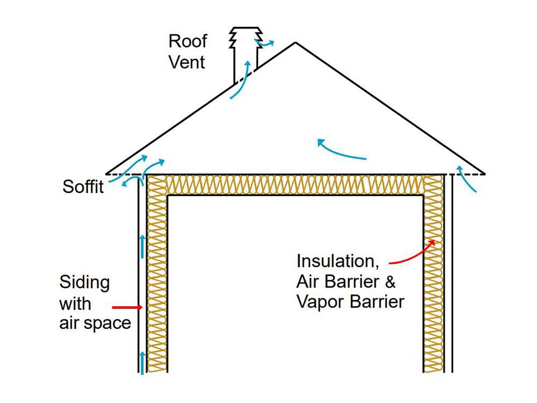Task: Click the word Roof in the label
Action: click(x=187, y=41)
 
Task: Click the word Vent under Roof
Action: click(x=186, y=62)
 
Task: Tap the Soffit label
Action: click(x=83, y=188)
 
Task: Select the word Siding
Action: click(x=84, y=283)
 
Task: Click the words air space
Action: click(x=95, y=323)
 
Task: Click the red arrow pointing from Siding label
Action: click(x=127, y=307)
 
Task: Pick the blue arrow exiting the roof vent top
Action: click(x=265, y=42)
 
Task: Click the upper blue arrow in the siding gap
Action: click(x=142, y=244)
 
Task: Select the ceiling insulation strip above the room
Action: click(x=295, y=185)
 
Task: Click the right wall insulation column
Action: click(x=433, y=279)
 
